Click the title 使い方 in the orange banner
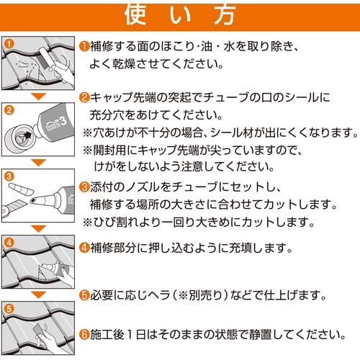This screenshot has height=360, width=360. tap(180, 14)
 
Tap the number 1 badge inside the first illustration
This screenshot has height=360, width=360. tap(9, 43)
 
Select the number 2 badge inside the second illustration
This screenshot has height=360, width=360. tap(9, 111)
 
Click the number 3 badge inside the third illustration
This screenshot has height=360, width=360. tap(9, 176)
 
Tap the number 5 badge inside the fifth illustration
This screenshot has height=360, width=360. tap(9, 307)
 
